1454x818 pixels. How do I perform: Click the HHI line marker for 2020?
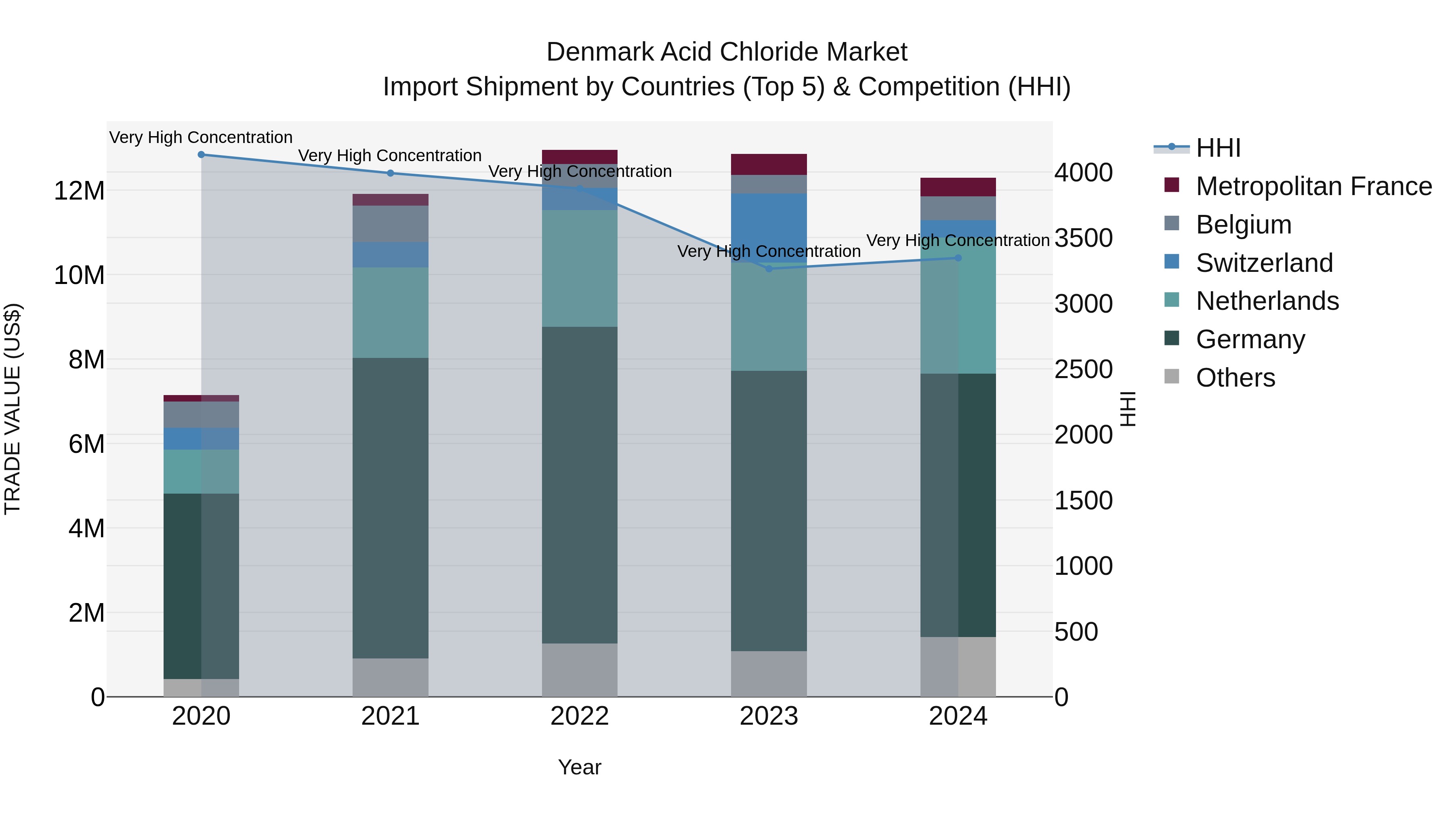[201, 155]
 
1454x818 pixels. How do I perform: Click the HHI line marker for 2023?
[768, 269]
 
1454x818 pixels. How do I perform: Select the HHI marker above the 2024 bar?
[958, 258]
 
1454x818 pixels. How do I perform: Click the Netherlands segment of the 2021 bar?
[390, 312]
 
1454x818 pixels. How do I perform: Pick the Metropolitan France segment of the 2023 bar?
[768, 164]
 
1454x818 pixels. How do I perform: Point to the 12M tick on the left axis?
[79, 191]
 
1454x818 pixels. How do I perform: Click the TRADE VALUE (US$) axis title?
[13, 409]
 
